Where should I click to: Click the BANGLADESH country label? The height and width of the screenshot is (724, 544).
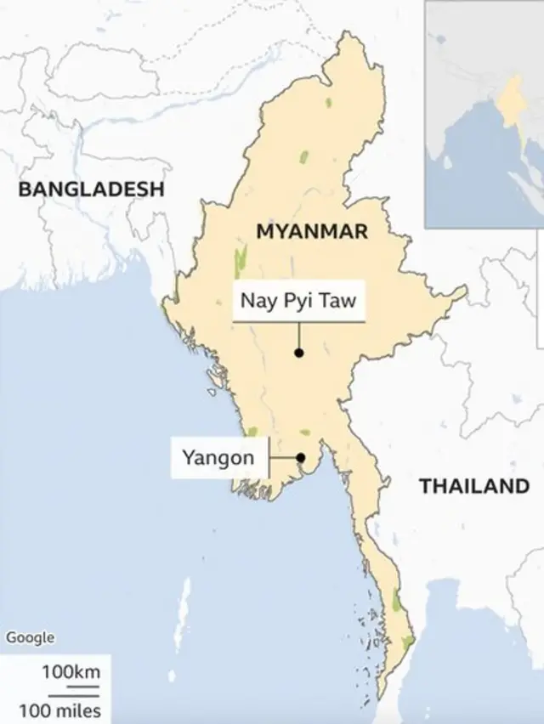(x=91, y=189)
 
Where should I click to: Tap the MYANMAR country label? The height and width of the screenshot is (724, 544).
(x=312, y=231)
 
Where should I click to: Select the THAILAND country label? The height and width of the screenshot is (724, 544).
(x=473, y=486)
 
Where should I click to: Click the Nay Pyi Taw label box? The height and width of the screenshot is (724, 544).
(x=298, y=301)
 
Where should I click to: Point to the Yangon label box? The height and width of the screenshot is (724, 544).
(x=218, y=458)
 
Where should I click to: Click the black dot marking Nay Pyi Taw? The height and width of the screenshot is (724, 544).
(x=299, y=353)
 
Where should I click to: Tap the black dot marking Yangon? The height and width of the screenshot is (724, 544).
(x=300, y=458)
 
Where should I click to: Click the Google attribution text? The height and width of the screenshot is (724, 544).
(x=30, y=637)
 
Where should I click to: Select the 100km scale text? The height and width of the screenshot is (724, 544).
(x=71, y=672)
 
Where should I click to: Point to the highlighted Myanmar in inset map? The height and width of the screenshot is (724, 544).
(x=513, y=100)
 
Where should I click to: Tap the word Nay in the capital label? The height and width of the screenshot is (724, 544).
(x=256, y=301)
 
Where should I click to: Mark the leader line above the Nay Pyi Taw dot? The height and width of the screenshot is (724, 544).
(x=299, y=336)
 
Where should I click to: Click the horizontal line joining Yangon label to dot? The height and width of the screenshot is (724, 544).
(x=283, y=458)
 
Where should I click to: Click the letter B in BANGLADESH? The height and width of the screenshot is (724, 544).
(x=25, y=189)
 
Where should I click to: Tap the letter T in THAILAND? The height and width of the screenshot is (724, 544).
(x=425, y=486)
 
